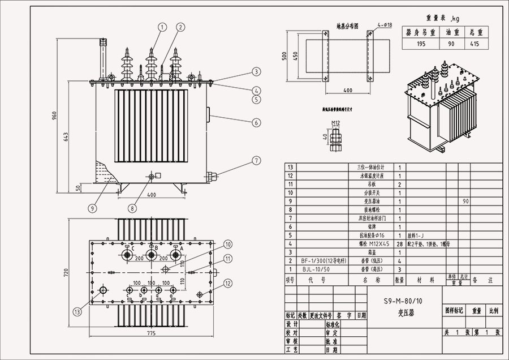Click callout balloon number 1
(x=162, y=27)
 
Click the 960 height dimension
(x=55, y=115)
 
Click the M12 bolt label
(x=335, y=122)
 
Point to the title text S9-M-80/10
(x=399, y=301)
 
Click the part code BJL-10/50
(x=316, y=270)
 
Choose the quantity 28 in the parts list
(x=399, y=243)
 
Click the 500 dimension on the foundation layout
(x=285, y=57)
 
